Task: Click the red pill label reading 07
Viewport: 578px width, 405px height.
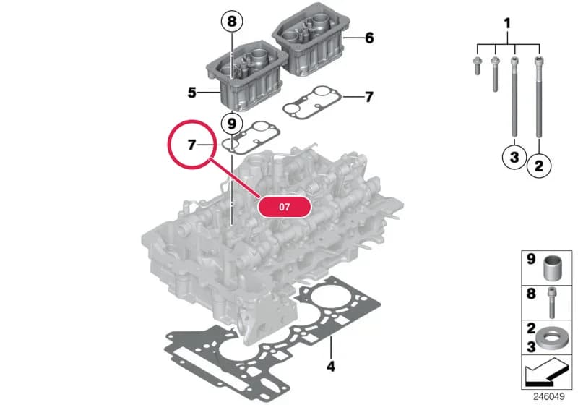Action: tap(284, 207)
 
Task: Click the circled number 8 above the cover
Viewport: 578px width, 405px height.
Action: tap(231, 21)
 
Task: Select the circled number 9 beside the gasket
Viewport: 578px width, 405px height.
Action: tap(231, 124)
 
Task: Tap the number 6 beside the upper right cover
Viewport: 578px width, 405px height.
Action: tap(369, 38)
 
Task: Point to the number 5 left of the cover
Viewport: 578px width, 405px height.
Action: tap(191, 93)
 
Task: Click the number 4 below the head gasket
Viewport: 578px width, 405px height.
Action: tap(331, 366)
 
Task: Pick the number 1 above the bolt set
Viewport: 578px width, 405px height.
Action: tap(508, 24)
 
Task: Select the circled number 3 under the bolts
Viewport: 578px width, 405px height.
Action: tap(514, 157)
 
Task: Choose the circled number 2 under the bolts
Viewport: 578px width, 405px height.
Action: tap(539, 166)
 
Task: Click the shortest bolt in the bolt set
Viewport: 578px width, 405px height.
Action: tap(478, 67)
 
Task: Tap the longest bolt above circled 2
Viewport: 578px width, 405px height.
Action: tap(539, 97)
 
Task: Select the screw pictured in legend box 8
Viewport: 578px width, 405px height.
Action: tap(552, 302)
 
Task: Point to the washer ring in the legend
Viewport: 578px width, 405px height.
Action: tap(550, 338)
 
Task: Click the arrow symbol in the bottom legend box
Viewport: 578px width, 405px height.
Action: tap(548, 371)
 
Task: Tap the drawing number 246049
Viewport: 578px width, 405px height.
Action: tap(549, 396)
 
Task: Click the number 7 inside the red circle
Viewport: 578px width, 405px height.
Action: tap(191, 145)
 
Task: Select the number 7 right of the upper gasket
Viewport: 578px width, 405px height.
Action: tap(369, 97)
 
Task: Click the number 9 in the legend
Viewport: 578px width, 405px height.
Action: tap(531, 259)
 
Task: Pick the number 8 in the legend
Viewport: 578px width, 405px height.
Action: tap(531, 294)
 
